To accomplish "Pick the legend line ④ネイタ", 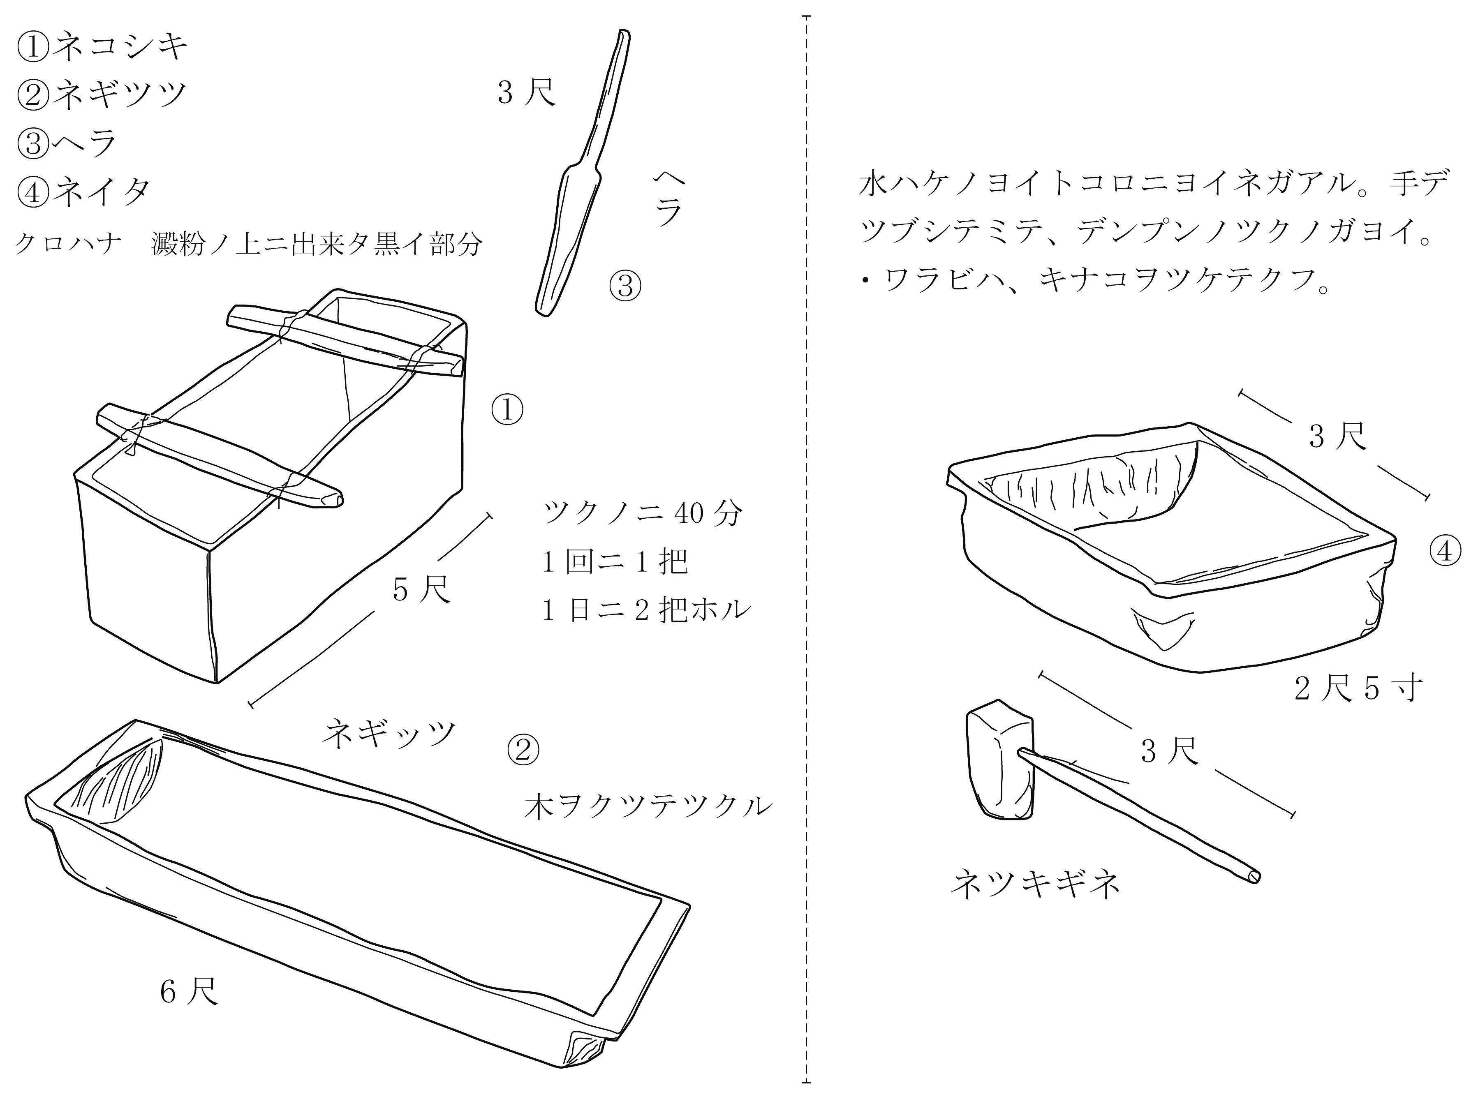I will [x=83, y=192].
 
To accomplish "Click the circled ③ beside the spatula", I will [x=625, y=286].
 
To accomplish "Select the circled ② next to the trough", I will [x=523, y=750].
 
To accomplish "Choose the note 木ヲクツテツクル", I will [x=648, y=806].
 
